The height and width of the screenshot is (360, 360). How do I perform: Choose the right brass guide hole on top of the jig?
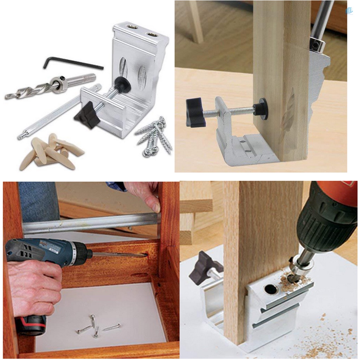[x=152, y=34]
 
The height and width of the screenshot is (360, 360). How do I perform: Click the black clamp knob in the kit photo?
[x=87, y=115]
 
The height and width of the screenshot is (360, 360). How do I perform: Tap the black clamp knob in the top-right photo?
[x=195, y=112]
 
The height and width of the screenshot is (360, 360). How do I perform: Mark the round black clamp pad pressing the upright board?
[x=261, y=108]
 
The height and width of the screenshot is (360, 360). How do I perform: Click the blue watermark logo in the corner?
[x=349, y=11]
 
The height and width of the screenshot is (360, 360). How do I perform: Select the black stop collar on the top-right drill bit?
[x=318, y=44]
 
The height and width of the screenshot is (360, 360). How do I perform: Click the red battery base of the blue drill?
[x=32, y=325]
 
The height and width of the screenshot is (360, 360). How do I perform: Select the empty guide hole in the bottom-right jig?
[x=271, y=289]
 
